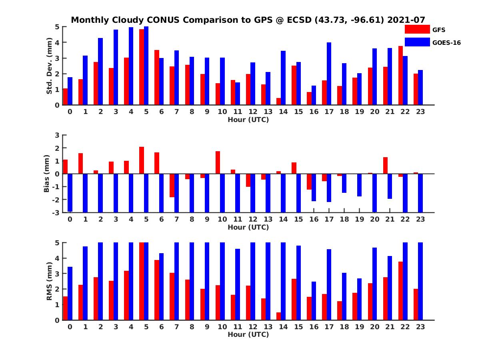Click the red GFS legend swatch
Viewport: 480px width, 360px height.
[x=417, y=29]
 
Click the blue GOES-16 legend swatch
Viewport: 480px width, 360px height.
[x=417, y=42]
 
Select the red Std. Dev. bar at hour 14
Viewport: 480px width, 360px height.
[x=278, y=102]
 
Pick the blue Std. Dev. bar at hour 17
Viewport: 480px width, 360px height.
[x=329, y=74]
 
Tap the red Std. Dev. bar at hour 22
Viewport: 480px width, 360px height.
[x=400, y=76]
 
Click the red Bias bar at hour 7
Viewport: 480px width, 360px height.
[x=172, y=185]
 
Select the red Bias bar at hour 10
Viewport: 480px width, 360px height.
[x=218, y=162]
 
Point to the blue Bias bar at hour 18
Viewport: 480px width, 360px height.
[x=344, y=183]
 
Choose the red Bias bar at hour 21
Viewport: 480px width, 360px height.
[x=385, y=166]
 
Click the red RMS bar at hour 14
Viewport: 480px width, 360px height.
[x=278, y=316]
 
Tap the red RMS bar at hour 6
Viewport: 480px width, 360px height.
[x=157, y=290]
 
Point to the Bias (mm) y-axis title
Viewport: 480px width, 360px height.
[x=46, y=174]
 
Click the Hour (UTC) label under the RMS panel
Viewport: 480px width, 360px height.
[x=248, y=334]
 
